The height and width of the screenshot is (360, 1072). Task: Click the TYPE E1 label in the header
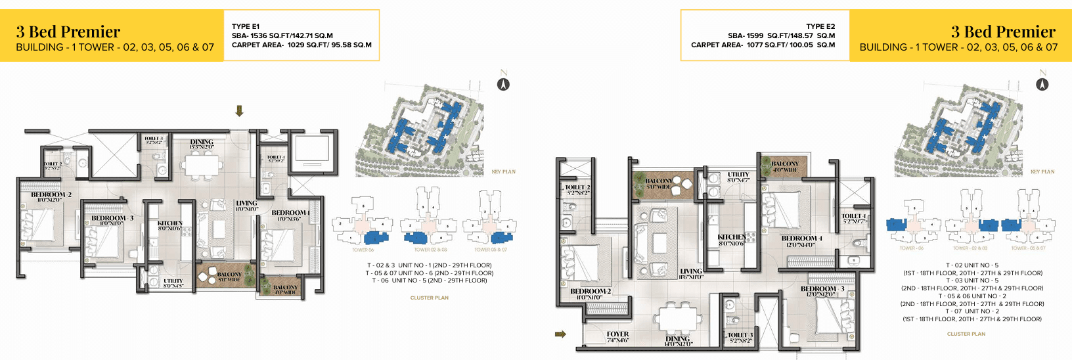click(246, 26)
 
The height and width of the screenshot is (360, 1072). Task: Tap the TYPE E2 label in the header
click(820, 26)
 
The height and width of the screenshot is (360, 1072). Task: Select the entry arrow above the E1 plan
click(240, 111)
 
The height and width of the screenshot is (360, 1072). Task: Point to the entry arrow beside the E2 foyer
click(560, 334)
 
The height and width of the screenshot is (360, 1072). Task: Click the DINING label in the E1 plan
click(202, 142)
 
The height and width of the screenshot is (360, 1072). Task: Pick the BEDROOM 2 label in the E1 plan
click(51, 195)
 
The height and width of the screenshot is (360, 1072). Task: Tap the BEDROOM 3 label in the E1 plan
click(112, 218)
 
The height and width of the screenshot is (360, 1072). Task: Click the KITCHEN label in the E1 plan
click(170, 224)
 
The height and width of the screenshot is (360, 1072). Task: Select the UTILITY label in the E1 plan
click(173, 281)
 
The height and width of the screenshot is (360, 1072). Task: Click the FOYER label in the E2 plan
click(617, 334)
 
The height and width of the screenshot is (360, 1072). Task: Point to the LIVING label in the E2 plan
click(691, 271)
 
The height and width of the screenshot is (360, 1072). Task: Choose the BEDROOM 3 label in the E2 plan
click(822, 289)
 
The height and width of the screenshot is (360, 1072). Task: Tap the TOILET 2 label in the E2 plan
click(577, 188)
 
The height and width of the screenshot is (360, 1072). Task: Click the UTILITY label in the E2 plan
click(738, 175)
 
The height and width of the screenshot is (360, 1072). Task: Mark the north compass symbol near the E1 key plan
click(503, 83)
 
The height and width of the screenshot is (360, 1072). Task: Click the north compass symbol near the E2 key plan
click(1042, 83)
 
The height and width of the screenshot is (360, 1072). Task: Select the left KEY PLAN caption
click(504, 172)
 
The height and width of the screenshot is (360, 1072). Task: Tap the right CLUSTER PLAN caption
click(966, 334)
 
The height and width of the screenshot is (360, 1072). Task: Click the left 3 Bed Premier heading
click(68, 32)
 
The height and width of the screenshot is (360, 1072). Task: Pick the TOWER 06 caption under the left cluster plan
click(363, 250)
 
